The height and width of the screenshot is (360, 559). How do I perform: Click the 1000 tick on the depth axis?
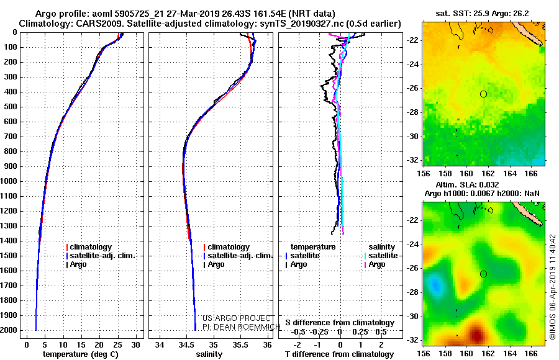(x=9, y=181)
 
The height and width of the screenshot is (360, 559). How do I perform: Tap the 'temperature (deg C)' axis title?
(x=81, y=354)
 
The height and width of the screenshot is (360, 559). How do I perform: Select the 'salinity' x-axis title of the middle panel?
(x=209, y=354)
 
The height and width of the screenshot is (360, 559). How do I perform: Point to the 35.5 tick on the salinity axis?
(x=240, y=345)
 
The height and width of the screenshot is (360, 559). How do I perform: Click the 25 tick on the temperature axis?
(x=117, y=345)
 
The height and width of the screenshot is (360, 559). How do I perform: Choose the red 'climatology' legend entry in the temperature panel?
(x=89, y=247)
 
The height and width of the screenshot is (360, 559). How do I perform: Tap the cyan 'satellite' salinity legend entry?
(x=381, y=256)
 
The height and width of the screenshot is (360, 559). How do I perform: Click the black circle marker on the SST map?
(x=483, y=94)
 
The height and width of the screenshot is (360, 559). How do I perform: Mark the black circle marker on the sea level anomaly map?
(x=483, y=274)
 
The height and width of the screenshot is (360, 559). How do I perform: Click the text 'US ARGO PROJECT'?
(x=237, y=318)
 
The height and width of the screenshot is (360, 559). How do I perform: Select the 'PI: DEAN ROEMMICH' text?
(x=242, y=327)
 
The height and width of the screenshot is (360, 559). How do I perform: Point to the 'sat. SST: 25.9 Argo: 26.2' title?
(x=483, y=14)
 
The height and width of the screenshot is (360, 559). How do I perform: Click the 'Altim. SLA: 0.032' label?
(x=467, y=184)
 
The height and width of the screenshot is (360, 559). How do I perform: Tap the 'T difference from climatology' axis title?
(x=339, y=354)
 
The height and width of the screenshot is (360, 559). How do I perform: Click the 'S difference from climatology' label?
(x=340, y=323)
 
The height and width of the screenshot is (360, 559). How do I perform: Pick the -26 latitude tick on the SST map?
(x=412, y=88)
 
